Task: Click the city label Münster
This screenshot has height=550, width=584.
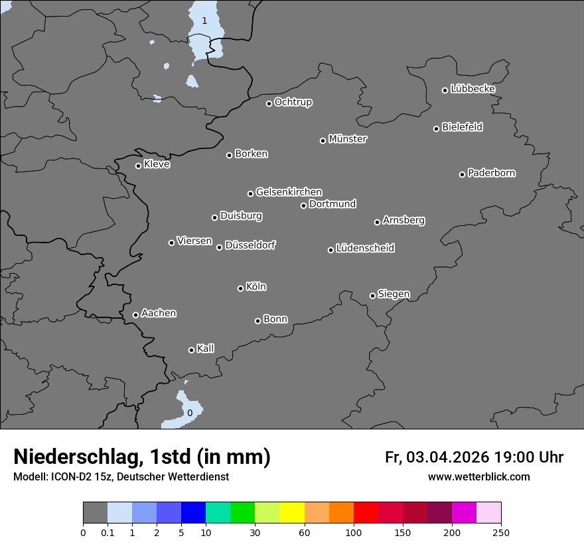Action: (x=348, y=139)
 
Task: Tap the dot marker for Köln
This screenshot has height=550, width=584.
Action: (x=240, y=288)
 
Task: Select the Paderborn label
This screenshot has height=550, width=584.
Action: (x=492, y=173)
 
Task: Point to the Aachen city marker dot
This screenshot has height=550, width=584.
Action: (x=135, y=315)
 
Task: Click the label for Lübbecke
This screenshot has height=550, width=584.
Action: (x=473, y=89)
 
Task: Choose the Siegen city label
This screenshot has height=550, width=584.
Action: (x=394, y=294)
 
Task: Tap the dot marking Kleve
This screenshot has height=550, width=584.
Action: (x=138, y=166)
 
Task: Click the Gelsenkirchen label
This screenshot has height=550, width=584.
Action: (x=289, y=192)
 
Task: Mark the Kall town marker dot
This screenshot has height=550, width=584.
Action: (x=191, y=350)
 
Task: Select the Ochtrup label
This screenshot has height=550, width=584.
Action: (x=293, y=102)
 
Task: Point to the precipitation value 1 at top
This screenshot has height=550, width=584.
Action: (x=204, y=21)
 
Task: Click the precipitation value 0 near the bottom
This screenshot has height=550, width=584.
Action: (x=190, y=413)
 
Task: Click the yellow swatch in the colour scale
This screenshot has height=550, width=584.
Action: (x=292, y=513)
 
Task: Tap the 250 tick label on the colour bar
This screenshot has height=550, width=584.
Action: (x=501, y=532)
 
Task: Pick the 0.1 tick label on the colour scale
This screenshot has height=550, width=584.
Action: (x=108, y=532)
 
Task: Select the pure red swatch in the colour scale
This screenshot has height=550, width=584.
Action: (x=366, y=513)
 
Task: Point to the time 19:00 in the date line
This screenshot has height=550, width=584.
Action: (x=510, y=457)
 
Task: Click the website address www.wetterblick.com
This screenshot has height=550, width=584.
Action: (x=479, y=476)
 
